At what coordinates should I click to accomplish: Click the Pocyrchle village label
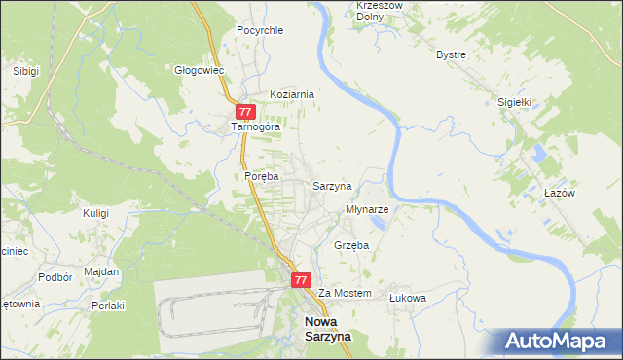pos(260,30)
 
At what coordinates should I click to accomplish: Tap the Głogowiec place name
pos(200,70)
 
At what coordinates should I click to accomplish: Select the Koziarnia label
pos(292,94)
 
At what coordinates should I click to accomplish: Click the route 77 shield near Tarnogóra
pos(245,112)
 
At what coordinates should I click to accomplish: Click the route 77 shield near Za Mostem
pos(301,279)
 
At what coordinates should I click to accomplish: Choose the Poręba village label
pos(262,176)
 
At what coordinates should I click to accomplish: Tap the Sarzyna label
pos(332,185)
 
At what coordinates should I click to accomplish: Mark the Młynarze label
pos(368,209)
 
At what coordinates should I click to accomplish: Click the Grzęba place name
pos(351,246)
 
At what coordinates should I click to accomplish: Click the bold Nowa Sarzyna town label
pos(328,328)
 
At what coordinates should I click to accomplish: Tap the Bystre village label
pos(452,54)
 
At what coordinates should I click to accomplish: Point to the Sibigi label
pos(25,71)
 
